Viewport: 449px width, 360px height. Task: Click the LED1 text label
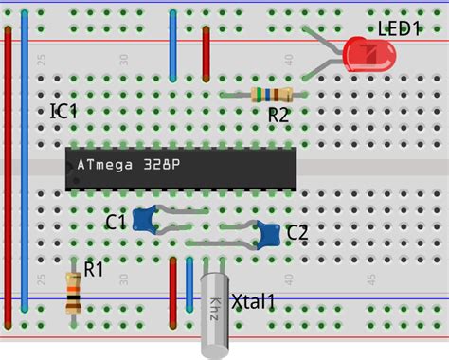point(399,28)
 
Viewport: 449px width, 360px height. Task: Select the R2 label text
point(278,115)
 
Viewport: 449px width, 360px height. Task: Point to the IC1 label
point(63,112)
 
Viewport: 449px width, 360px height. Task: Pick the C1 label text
point(116,223)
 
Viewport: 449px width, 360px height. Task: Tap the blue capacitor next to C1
point(145,220)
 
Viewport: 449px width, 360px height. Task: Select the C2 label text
point(296,232)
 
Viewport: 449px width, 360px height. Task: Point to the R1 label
point(93,269)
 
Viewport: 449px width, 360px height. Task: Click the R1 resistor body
point(73,291)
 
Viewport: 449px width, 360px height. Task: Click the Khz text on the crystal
point(215,307)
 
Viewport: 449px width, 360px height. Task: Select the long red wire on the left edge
point(9,171)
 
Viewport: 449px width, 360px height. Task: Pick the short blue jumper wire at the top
point(172,45)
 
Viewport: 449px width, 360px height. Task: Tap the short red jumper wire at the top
point(206,54)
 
